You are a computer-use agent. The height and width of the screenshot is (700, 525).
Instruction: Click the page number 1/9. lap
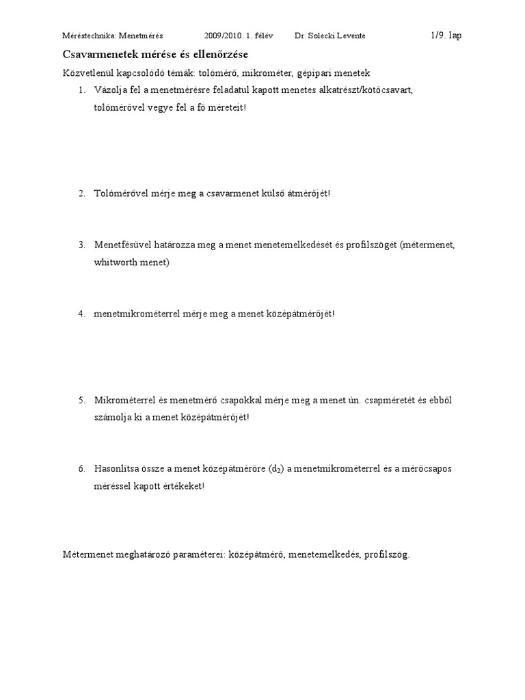click(446, 36)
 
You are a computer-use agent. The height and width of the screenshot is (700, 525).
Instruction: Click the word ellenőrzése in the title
click(222, 53)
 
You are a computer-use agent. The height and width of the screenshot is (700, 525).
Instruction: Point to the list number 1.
click(81, 90)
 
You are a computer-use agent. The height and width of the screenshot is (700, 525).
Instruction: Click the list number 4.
click(81, 314)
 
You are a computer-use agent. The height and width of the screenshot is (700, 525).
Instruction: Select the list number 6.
click(81, 469)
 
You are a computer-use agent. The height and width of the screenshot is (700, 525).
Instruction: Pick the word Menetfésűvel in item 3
click(122, 245)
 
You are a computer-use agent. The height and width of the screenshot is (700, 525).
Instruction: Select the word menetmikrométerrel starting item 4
click(136, 314)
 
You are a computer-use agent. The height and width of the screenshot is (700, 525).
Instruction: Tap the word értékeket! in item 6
click(183, 487)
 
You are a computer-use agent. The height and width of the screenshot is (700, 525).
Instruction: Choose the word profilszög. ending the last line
click(387, 555)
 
